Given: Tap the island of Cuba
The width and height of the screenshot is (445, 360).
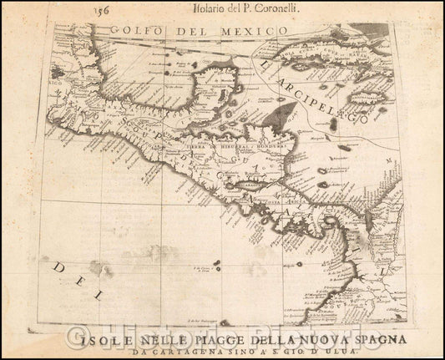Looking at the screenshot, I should pos(326,58).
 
